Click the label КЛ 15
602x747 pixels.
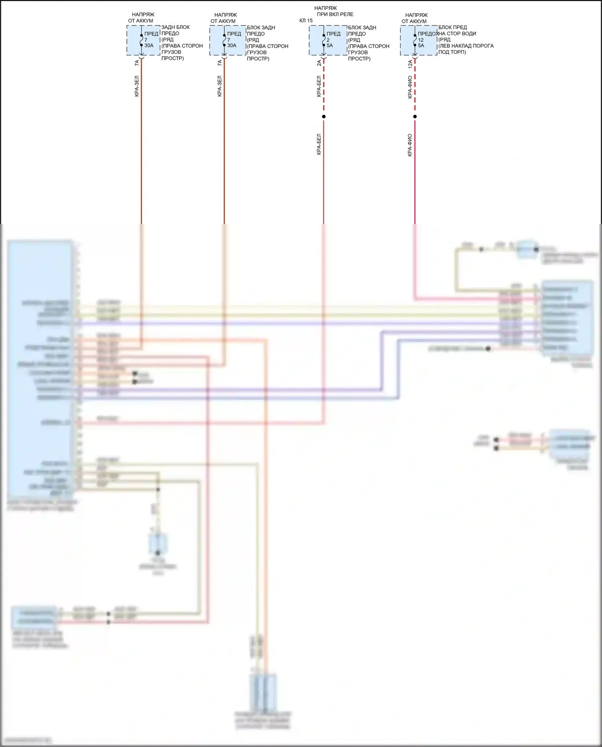point(306,20)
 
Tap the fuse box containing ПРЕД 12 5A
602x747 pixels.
point(419,41)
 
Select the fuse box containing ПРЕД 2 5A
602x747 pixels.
point(328,41)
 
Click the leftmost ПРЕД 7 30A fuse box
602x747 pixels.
point(143,41)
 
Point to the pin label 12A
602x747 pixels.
point(410,64)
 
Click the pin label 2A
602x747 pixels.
point(319,63)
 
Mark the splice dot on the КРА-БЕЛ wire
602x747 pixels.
point(324,117)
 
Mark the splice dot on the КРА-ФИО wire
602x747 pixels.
point(415,117)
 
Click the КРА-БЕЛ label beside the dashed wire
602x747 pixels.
point(319,86)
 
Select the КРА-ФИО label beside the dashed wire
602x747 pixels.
point(410,87)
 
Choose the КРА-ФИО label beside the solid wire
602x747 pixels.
point(410,145)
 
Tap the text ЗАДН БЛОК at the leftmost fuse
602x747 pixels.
point(175,27)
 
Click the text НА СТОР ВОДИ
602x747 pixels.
point(457,34)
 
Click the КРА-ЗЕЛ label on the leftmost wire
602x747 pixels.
point(137,86)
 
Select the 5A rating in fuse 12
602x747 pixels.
point(421,46)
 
